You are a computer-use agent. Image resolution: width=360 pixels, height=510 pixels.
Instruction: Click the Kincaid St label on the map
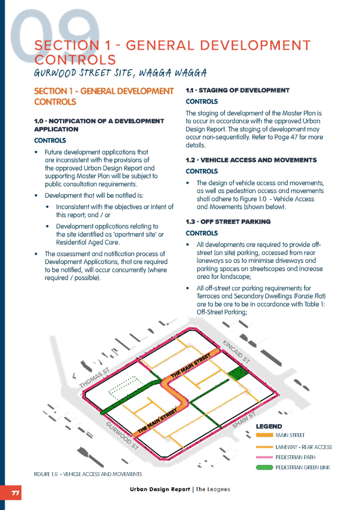(x=236, y=351)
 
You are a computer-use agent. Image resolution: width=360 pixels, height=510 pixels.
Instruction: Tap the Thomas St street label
(x=94, y=378)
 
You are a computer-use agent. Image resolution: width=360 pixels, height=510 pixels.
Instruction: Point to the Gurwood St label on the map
(x=123, y=436)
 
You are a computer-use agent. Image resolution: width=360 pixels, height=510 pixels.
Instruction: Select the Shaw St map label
(x=244, y=420)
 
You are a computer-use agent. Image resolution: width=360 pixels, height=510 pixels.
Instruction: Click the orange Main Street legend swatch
(x=264, y=435)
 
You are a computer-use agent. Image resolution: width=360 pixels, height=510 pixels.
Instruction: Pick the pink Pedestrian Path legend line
(x=264, y=457)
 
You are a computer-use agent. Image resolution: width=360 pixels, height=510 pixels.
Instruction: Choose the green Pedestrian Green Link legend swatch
(x=264, y=467)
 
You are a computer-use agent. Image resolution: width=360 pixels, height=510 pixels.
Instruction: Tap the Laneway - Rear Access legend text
(x=304, y=447)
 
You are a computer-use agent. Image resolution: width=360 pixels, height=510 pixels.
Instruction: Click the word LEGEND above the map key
(x=269, y=426)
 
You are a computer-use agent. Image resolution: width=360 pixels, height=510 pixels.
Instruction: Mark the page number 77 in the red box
(x=15, y=493)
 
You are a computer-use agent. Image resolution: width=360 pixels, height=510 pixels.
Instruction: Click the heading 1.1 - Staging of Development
(x=237, y=90)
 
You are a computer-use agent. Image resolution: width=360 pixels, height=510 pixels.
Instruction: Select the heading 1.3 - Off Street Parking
(x=228, y=221)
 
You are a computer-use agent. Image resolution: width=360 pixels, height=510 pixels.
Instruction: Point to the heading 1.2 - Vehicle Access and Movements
(x=251, y=160)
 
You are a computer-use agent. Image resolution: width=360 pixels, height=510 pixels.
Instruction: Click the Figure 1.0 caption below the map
(x=88, y=474)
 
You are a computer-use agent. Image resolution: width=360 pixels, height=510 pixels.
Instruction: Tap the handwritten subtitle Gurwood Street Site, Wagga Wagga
(x=120, y=73)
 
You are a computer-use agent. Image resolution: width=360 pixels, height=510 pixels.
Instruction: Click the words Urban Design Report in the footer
(x=160, y=489)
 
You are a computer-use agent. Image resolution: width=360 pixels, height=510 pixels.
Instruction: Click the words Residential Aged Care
(x=88, y=242)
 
